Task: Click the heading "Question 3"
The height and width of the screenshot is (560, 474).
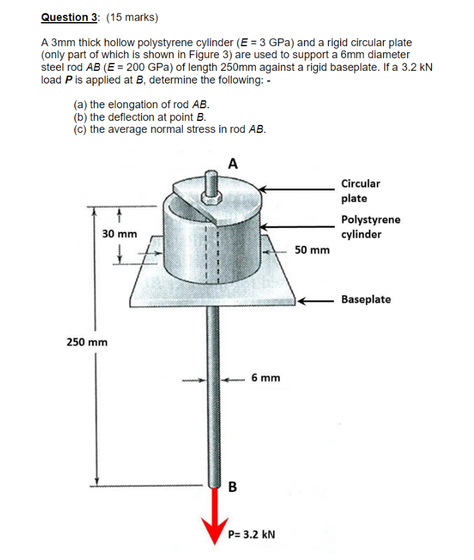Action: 66,17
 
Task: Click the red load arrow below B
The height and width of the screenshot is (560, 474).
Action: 216,515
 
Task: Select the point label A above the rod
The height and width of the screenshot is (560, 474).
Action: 232,162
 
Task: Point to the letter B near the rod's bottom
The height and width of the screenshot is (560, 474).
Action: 233,486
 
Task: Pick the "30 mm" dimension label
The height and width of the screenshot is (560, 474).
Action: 120,235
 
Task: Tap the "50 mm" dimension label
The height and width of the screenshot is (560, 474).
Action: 312,250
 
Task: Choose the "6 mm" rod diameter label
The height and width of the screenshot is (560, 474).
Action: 266,378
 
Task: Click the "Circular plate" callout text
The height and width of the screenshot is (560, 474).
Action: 360,190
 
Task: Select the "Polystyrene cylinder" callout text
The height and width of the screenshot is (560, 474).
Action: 370,227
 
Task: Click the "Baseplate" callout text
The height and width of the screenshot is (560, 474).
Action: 366,299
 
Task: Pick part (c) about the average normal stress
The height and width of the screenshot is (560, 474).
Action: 169,130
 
